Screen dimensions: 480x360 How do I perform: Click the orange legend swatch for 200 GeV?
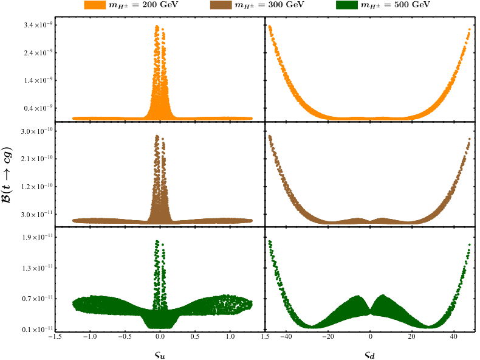coord(95,5)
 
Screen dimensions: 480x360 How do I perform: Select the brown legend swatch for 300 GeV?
coord(221,5)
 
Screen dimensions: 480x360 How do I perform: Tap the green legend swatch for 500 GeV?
coord(346,5)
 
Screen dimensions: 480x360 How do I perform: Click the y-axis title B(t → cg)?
coord(7,175)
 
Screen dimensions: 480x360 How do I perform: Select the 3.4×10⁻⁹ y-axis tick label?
coord(36,25)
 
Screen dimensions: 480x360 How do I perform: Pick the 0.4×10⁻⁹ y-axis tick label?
coord(36,108)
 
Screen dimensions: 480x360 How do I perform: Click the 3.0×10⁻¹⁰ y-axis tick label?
coord(36,131)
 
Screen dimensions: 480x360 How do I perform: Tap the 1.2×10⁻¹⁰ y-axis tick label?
coord(36,187)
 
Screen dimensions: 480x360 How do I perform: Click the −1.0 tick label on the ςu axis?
coord(90,336)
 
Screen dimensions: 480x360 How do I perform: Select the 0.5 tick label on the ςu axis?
coord(195,336)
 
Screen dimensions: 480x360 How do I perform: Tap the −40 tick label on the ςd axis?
coord(287,336)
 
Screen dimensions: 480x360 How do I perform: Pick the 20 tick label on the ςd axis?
coord(412,336)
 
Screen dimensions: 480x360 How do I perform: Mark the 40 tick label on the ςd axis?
coord(454,336)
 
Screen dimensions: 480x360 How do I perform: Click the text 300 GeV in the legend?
coord(286,5)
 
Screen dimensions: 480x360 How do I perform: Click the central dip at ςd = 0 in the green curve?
coord(370,311)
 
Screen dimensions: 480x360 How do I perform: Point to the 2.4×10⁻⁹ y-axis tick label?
coord(36,53)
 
